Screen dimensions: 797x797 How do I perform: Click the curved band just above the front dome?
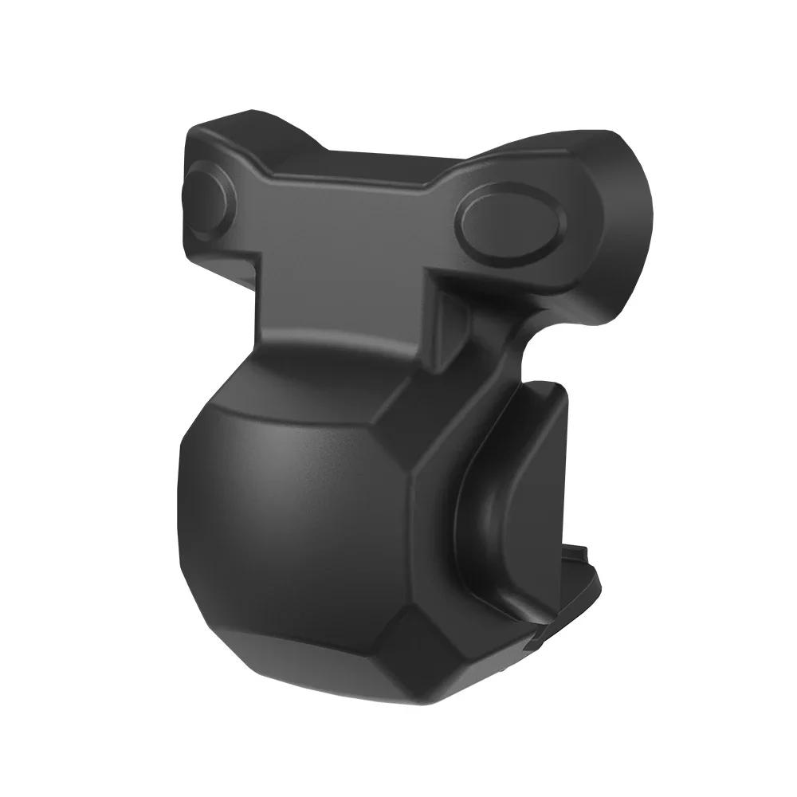(319, 359)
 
